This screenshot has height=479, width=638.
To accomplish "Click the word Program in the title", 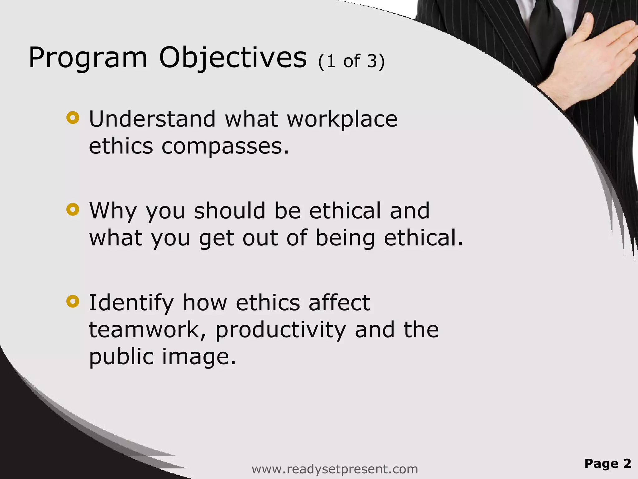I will point(88,58).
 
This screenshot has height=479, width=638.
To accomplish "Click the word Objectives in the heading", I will point(233,58).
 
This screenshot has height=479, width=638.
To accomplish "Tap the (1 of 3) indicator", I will point(351,61).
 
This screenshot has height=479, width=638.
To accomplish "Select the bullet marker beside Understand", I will point(73,118).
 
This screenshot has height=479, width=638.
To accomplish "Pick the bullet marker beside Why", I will point(73,210).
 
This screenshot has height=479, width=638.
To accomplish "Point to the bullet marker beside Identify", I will point(73,301).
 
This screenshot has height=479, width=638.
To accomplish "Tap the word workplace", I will point(342,119).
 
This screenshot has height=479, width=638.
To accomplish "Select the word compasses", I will point(225,147).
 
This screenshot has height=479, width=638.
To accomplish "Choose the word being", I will point(345,238).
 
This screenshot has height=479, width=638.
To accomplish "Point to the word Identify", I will point(131,303).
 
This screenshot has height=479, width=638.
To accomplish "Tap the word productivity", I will point(280,330).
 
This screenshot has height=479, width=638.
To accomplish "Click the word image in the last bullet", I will point(199,357).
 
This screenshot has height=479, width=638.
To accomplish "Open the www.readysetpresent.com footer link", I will point(335,469).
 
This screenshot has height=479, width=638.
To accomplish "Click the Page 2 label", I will point(608,463).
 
